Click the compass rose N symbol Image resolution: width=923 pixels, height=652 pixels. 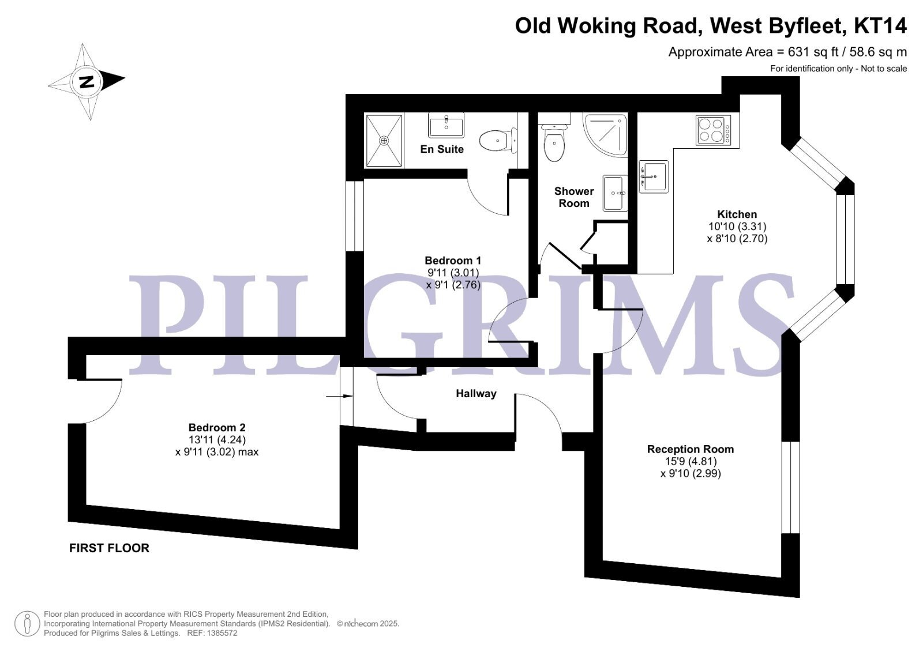click(87, 82)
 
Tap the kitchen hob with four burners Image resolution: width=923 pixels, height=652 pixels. click(713, 130)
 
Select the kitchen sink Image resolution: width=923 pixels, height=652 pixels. click(654, 177)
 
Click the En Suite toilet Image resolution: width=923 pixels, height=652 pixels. click(498, 141)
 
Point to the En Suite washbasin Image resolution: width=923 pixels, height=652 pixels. click(447, 125)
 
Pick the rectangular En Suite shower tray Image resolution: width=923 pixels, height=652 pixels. click(384, 141)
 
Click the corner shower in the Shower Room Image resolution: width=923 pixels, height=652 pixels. click(605, 134)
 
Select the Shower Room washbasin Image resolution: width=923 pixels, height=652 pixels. click(615, 193)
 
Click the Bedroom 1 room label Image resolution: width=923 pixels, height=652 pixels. click(453, 261)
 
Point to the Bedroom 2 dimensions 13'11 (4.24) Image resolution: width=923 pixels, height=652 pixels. click(217, 440)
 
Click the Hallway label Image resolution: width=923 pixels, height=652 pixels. click(476, 394)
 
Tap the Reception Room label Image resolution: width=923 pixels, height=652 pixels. click(691, 449)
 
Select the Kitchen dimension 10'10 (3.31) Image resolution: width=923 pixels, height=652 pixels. click(737, 226)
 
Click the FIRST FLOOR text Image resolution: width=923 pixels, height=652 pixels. click(109, 548)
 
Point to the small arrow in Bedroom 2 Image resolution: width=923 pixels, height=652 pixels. click(340, 396)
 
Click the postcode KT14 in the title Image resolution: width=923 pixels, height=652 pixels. click(880, 25)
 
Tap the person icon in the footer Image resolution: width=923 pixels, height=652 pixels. click(27, 624)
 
